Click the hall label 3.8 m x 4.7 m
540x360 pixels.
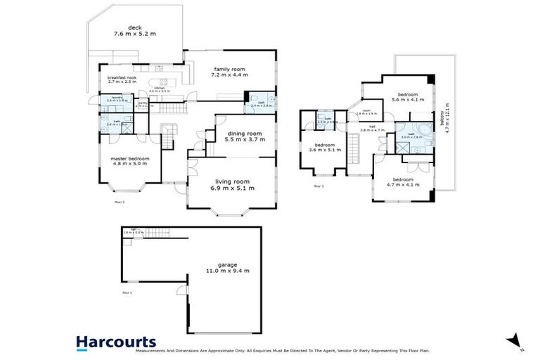[x=373, y=129]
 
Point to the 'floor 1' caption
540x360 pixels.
[x=127, y=291]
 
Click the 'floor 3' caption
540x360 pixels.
[x=319, y=186]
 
